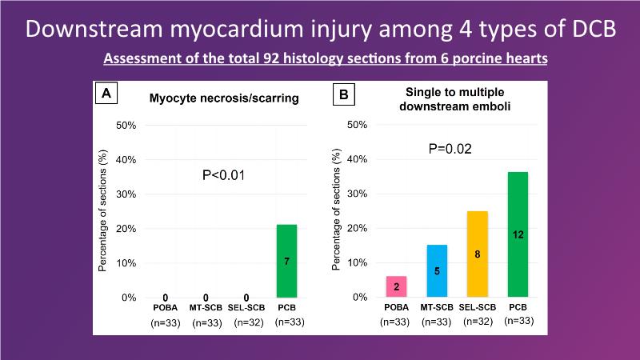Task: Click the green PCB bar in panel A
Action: pyautogui.click(x=286, y=261)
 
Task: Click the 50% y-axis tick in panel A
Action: pyautogui.click(x=126, y=126)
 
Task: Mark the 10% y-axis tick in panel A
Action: pyautogui.click(x=126, y=263)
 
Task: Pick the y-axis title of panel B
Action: pyautogui.click(x=337, y=211)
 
